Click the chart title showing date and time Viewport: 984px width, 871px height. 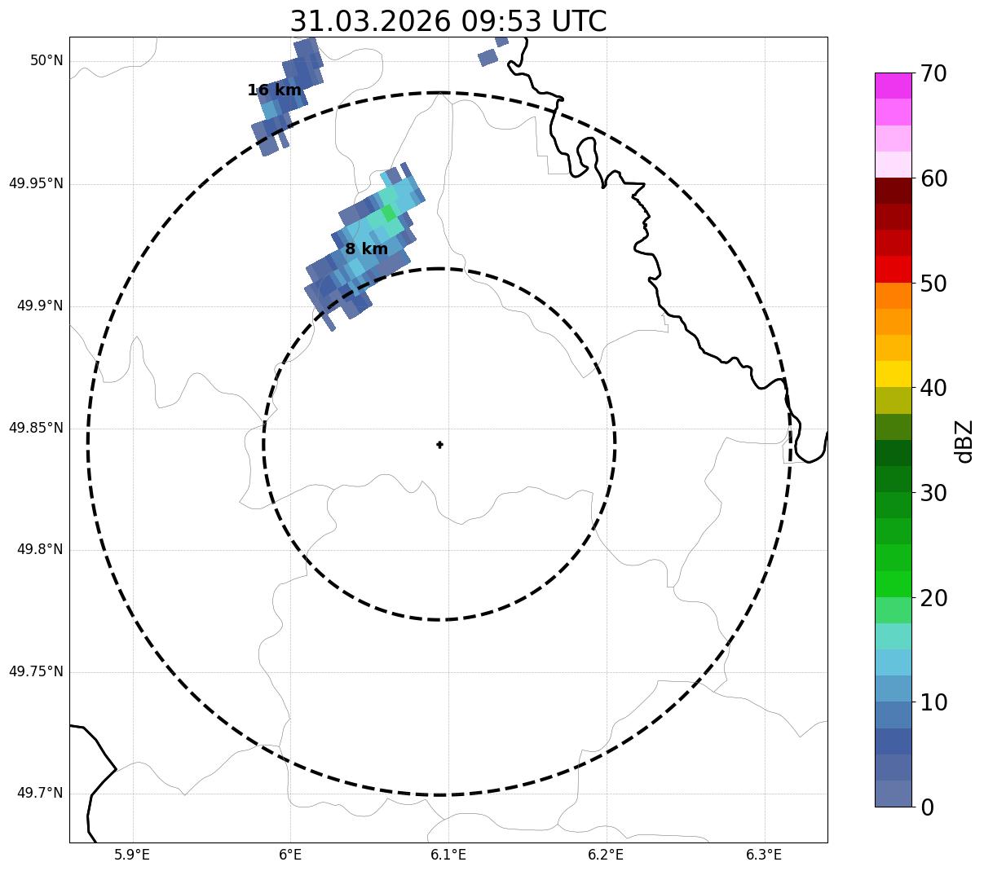pos(448,20)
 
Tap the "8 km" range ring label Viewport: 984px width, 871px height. pos(366,249)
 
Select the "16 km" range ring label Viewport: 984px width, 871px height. pos(274,90)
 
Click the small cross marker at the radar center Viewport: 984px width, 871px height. pos(439,444)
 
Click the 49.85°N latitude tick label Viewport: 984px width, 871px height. pos(36,428)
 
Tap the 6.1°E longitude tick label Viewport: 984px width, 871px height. pos(448,855)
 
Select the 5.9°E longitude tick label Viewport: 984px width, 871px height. pos(132,855)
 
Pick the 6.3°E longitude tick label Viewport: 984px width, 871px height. pos(764,855)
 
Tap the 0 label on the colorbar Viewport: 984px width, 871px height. pos(927,807)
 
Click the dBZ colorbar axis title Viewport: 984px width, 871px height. pos(965,442)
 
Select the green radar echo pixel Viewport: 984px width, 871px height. pos(388,213)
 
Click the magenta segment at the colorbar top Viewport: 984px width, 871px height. pos(893,86)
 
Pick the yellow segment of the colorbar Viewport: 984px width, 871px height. pos(893,374)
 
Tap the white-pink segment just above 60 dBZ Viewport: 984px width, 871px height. pos(893,165)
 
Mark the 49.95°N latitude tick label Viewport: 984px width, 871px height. pos(36,183)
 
